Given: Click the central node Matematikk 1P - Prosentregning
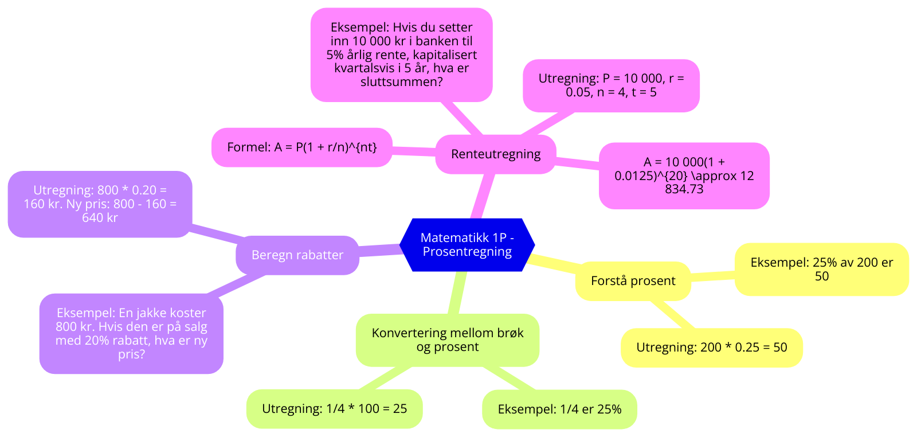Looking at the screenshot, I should pos(467,245).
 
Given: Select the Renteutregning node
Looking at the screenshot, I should pos(496,154).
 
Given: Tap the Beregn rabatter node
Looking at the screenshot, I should pos(297,255).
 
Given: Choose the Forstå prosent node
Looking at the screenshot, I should pos(633,281).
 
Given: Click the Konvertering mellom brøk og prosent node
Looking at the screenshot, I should pos(448,340).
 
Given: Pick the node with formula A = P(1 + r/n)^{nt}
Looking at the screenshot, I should pos(302,147).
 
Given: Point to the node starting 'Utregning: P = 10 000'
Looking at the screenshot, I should pos(611,85).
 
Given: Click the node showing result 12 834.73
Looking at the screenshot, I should pos(684,175).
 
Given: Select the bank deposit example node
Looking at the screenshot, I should pos(401,54).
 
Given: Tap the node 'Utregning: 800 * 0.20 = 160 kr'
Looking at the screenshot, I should pos(100,204).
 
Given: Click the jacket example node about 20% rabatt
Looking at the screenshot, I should pos(131,334).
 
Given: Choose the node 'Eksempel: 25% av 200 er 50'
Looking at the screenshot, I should pos(821,270).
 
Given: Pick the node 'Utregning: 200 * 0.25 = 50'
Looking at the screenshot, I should pos(711,348).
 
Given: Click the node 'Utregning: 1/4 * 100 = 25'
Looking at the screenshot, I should pos(334,409).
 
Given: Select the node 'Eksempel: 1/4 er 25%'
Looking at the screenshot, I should pos(559,409).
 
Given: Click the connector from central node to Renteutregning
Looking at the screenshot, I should pos(483,196).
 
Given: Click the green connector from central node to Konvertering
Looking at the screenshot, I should pos(457,292).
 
